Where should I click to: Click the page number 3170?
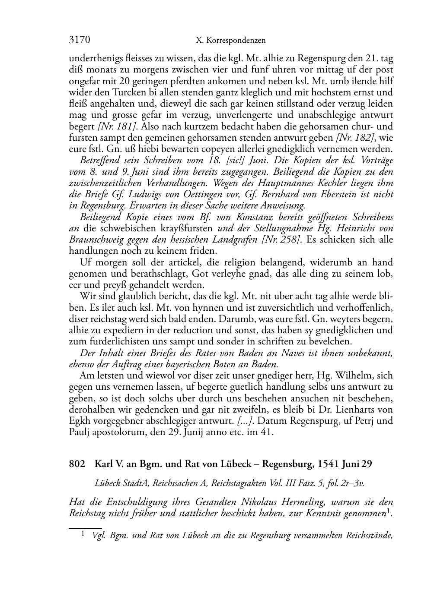[x=80, y=40]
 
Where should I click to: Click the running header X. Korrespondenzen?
[x=231, y=41]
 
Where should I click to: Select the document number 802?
[x=77, y=464]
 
